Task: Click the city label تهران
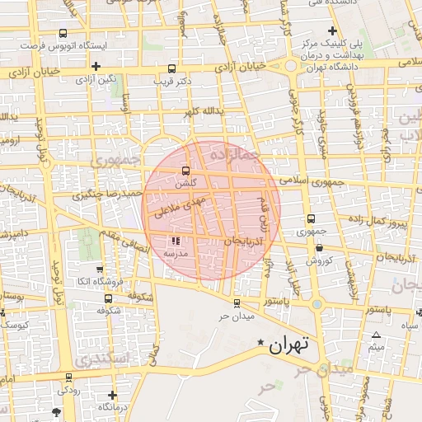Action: coord(288,346)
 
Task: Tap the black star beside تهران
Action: coord(261,342)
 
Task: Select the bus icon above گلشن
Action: coord(185,171)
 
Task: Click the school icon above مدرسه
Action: coord(175,241)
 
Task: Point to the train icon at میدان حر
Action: coord(237,302)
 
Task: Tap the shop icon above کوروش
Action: coord(318,247)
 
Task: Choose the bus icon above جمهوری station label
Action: coord(311,219)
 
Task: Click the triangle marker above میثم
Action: coord(377,335)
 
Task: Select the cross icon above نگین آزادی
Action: coord(96,66)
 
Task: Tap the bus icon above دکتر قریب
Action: coord(171,69)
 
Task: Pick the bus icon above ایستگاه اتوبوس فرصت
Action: coord(63,34)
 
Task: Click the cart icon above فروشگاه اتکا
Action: coord(99,269)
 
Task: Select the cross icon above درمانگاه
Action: coord(112,395)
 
